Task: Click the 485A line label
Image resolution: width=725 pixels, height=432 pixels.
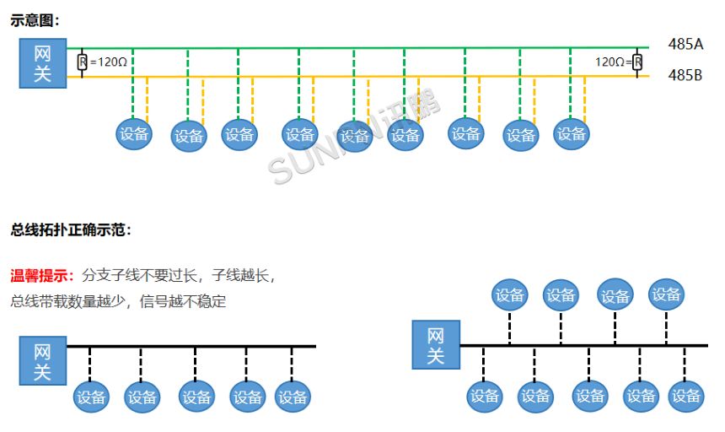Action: (685, 45)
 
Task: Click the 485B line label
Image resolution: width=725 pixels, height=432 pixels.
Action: (685, 75)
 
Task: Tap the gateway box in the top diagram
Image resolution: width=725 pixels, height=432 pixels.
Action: (42, 63)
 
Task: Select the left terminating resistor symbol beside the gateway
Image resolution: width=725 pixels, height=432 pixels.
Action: (82, 62)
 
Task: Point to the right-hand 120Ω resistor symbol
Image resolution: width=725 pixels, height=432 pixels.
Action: (637, 62)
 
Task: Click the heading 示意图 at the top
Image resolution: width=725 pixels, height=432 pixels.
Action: (35, 20)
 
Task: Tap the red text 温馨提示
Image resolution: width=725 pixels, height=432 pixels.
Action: (41, 275)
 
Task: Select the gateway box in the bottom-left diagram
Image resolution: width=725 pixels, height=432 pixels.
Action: (42, 360)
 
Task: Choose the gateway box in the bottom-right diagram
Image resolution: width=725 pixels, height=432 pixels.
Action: (435, 345)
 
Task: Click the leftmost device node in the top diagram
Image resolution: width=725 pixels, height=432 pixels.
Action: (134, 133)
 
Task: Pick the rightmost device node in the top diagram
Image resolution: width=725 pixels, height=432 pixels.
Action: (571, 133)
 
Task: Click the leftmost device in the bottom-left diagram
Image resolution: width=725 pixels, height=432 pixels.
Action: (90, 397)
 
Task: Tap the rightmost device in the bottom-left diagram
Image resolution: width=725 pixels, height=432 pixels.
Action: (293, 397)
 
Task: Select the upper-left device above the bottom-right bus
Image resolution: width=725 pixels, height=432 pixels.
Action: (510, 294)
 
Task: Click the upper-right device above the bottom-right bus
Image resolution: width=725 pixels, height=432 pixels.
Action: (666, 294)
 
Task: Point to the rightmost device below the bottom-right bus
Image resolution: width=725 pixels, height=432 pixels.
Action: (687, 396)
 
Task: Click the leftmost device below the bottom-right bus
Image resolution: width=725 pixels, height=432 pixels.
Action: (485, 396)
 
